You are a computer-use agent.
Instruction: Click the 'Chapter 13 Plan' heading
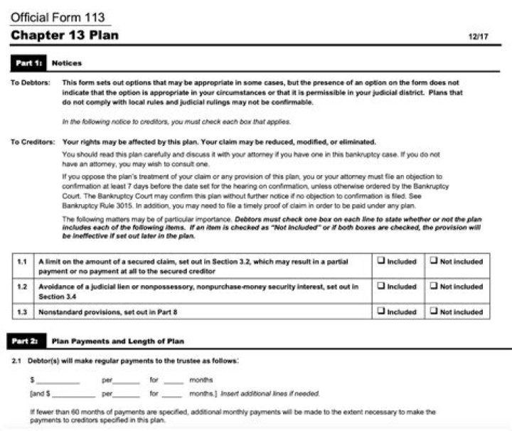[64, 35]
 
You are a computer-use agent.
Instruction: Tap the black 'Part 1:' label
[28, 63]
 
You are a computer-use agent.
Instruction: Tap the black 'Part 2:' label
[28, 341]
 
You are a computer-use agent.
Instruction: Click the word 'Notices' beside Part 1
[67, 63]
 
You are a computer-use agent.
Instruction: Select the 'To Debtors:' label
[30, 83]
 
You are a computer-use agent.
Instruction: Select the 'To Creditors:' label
[32, 142]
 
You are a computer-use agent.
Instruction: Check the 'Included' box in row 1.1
[381, 261]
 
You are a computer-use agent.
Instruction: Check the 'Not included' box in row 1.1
[434, 261]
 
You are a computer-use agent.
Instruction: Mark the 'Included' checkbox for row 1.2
[381, 287]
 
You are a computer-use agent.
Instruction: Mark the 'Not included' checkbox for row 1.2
[434, 287]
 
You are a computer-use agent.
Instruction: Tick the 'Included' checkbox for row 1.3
[381, 311]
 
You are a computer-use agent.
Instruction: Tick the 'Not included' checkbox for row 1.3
[434, 311]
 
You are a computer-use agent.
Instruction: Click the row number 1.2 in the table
[22, 287]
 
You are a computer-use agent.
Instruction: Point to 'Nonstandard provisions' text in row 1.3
[71, 312]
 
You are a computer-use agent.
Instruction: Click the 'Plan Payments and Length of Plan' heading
[118, 341]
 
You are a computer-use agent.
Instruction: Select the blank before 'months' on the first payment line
[173, 381]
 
